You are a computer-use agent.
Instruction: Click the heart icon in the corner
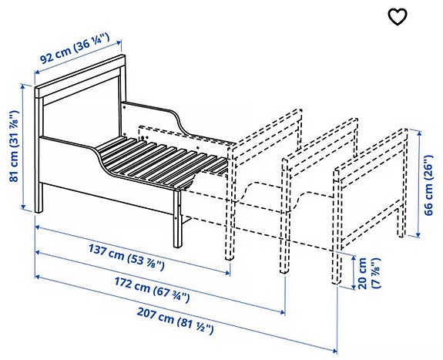(397, 17)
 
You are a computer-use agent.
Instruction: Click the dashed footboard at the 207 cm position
(370, 185)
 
